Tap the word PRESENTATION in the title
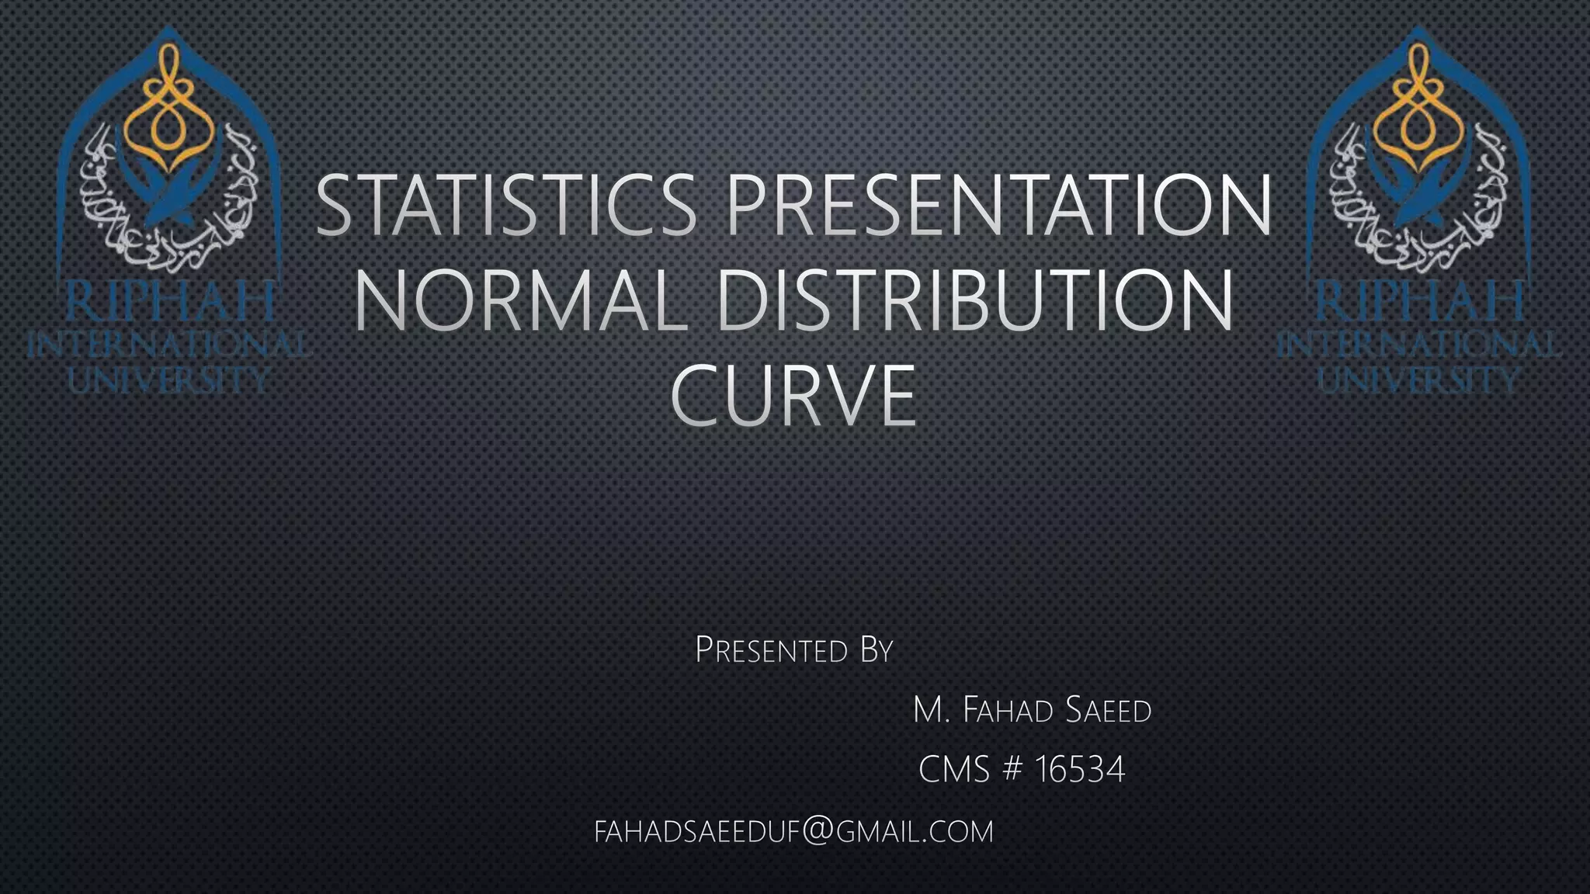[x=998, y=205]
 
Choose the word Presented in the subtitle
[x=771, y=650]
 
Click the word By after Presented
[x=877, y=650]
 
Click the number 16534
[x=1080, y=770]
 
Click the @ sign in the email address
[x=815, y=831]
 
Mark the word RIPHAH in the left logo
[x=168, y=302]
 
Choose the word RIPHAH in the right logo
[x=1420, y=302]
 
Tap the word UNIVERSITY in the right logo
[x=1418, y=379]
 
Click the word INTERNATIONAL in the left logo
[x=168, y=345]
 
